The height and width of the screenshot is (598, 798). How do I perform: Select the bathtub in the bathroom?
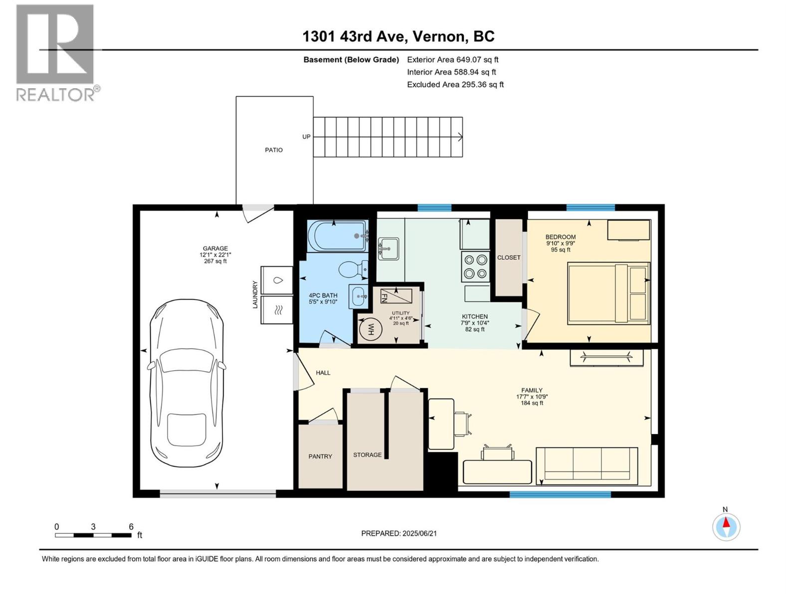(338, 236)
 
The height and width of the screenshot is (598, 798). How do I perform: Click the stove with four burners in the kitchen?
(475, 267)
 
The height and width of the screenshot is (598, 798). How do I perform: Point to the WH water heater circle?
(370, 330)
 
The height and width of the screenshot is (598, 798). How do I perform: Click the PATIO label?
(273, 150)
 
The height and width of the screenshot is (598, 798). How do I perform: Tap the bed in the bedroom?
(608, 294)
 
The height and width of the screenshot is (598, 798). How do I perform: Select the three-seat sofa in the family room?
(587, 466)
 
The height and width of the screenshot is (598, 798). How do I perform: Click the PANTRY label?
(320, 456)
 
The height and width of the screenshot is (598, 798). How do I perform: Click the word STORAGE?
(367, 454)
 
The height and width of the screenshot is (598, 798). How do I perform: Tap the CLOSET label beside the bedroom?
(509, 258)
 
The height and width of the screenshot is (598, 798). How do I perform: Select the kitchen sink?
(388, 248)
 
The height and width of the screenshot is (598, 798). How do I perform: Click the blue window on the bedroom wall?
(591, 208)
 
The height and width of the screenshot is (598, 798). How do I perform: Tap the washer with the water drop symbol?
(277, 280)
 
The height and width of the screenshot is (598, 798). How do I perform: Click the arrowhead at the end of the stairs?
(460, 137)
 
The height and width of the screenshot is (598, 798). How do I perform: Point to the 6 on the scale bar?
(131, 526)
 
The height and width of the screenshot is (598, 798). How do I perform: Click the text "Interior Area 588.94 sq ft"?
(451, 72)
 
